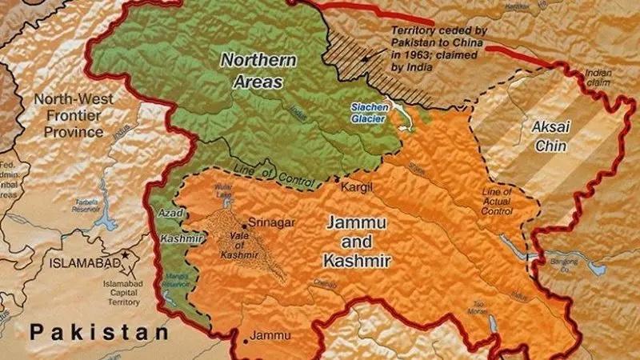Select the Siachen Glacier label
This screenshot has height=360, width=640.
[x=370, y=114]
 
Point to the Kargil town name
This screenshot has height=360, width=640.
[x=358, y=186]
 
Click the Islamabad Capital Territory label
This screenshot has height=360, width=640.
[x=128, y=293]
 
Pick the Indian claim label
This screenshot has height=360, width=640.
[x=598, y=77]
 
